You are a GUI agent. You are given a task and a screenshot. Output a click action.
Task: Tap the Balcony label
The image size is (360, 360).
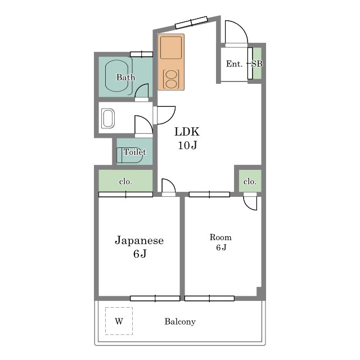(x=180, y=321)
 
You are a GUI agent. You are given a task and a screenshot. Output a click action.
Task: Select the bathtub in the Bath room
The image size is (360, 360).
(x=116, y=76)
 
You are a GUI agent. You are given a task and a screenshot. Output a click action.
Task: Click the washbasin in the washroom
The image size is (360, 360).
(x=108, y=119)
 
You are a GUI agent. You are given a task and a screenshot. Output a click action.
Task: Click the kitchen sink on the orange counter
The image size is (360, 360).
(x=171, y=47)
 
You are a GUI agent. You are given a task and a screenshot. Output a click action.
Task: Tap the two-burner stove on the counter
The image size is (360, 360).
(x=171, y=79)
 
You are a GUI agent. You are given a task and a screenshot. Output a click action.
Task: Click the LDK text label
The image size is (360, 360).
(x=187, y=132)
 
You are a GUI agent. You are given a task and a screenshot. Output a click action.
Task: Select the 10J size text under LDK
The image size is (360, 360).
(x=187, y=145)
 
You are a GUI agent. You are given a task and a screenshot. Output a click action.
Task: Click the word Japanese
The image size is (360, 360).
(x=139, y=241)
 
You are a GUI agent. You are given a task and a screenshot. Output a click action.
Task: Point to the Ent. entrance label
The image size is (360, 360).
(x=234, y=64)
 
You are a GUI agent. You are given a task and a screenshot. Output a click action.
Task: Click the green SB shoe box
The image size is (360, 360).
(x=257, y=63)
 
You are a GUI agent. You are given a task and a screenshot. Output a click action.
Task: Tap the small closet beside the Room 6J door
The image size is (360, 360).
(x=250, y=181)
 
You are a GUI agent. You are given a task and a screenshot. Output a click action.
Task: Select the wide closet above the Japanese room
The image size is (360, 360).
(x=125, y=181)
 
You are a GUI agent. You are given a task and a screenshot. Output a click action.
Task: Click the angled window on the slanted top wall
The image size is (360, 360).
(x=191, y=22)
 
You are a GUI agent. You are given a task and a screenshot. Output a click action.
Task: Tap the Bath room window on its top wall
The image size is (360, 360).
(x=141, y=55)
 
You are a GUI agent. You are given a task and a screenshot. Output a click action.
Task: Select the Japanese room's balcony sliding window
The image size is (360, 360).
(x=155, y=299)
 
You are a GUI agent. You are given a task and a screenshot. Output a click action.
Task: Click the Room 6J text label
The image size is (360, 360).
(x=220, y=242)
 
